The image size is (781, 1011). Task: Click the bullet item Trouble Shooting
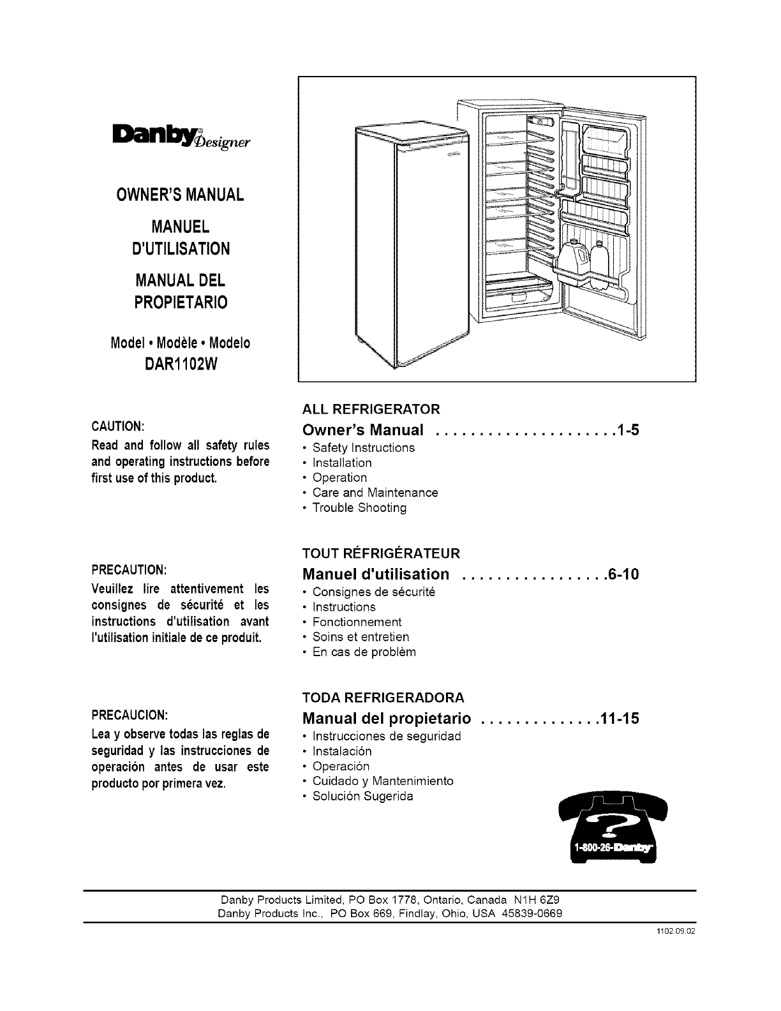click(359, 508)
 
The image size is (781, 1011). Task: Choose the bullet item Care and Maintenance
click(375, 493)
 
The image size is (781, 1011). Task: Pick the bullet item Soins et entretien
click(361, 637)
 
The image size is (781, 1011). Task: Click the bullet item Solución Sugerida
click(362, 796)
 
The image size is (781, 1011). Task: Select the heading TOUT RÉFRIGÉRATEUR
click(380, 553)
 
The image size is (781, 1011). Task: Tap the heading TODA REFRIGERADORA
click(383, 697)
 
